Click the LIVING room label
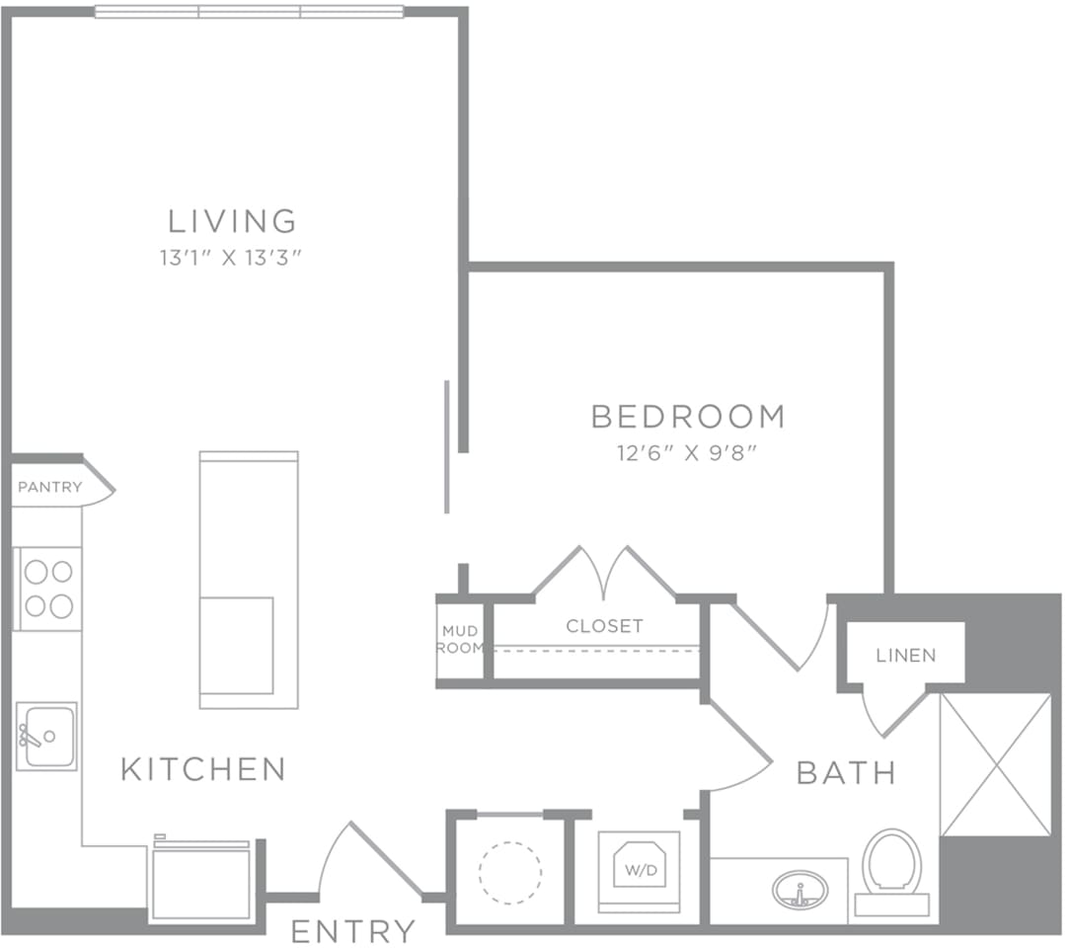tap(232, 219)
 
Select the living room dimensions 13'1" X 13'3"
tap(230, 259)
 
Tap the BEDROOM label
tap(688, 417)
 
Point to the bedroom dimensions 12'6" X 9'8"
tap(688, 453)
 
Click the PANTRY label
tap(50, 487)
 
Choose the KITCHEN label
tap(203, 768)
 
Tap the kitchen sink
tap(46, 737)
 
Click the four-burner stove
tap(48, 589)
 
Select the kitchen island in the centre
tap(249, 580)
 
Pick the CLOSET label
tap(604, 626)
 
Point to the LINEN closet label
tap(905, 655)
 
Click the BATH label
tap(846, 772)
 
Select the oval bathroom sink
tap(800, 890)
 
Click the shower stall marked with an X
tap(995, 764)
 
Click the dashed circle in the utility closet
tap(509, 872)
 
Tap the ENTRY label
tap(353, 930)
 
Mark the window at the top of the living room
tap(249, 12)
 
